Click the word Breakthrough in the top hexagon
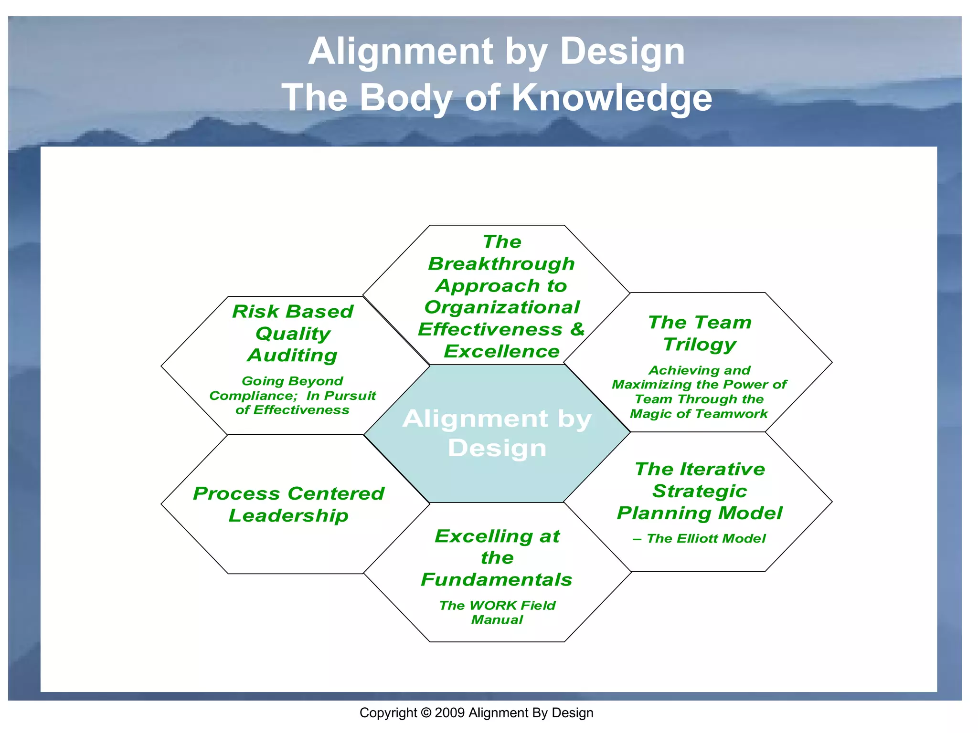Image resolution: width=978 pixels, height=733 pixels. (x=501, y=263)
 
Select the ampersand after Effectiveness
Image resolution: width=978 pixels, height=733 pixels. (x=577, y=329)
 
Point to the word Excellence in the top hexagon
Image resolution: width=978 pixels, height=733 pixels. (x=501, y=351)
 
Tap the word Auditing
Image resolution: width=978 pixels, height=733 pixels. (x=292, y=355)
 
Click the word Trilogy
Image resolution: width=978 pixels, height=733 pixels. (x=700, y=344)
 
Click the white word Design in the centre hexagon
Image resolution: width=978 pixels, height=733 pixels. (x=497, y=448)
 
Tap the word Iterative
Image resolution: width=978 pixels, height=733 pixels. (x=723, y=469)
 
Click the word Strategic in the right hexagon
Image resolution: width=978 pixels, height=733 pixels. (x=700, y=491)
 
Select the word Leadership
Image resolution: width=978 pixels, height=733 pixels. (x=288, y=515)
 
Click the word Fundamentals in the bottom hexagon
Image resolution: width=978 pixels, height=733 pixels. (x=497, y=579)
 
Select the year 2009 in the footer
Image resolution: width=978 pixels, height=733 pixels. (x=449, y=713)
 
